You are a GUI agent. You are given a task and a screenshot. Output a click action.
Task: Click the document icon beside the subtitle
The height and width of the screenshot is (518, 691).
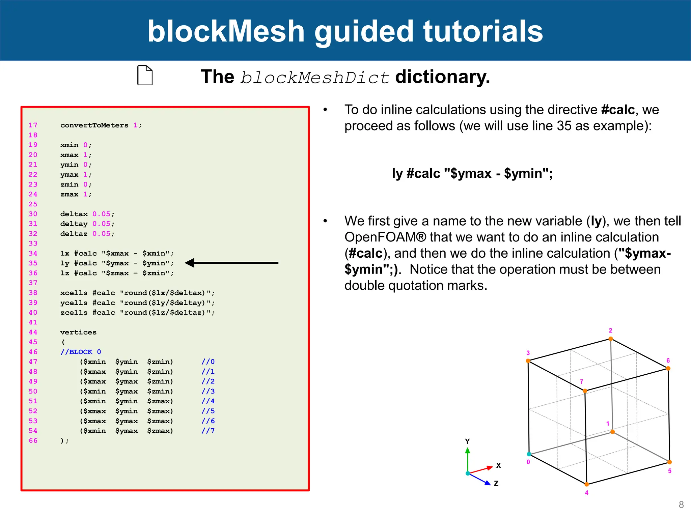pos(145,75)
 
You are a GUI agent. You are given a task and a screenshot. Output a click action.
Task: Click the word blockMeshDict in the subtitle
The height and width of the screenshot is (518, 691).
pos(314,78)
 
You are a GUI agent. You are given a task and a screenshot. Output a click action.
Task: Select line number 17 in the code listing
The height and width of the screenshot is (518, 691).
pos(33,125)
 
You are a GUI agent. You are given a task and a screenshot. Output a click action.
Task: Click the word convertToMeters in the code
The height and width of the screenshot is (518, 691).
pos(94,125)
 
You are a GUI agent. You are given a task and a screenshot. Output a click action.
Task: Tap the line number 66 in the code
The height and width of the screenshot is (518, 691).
pos(33,440)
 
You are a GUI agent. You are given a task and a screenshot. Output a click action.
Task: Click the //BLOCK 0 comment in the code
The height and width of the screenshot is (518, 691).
pos(81,352)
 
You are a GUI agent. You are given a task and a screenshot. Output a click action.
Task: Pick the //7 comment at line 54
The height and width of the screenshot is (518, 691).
pos(208,431)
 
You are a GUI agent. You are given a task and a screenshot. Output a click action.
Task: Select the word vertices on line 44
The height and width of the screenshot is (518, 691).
pos(78,332)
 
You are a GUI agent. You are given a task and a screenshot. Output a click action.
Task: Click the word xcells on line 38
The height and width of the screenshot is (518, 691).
pos(74,293)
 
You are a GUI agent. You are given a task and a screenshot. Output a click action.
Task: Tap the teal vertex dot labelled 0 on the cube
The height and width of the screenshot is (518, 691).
pos(529,454)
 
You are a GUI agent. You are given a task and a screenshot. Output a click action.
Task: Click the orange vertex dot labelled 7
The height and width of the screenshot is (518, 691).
pos(585,391)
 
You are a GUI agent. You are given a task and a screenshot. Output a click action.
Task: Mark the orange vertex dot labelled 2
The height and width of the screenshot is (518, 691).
pos(610,339)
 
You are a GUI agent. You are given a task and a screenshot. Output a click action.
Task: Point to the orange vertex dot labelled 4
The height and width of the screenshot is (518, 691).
pos(587,485)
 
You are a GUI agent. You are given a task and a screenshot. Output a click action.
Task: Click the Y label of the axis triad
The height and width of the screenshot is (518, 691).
pos(467,441)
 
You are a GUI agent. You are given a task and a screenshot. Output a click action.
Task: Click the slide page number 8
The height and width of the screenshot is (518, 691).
pos(681,505)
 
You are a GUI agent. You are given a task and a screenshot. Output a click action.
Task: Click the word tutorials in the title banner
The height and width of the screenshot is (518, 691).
pos(483,31)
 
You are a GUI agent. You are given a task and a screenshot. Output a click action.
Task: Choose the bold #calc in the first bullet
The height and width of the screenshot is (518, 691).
pos(618,110)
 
